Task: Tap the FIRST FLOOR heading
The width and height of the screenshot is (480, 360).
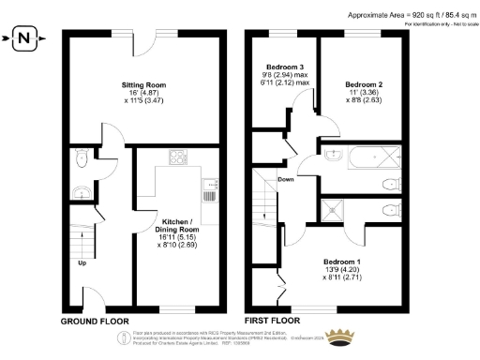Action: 275,321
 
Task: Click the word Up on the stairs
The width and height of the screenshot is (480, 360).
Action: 83,262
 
